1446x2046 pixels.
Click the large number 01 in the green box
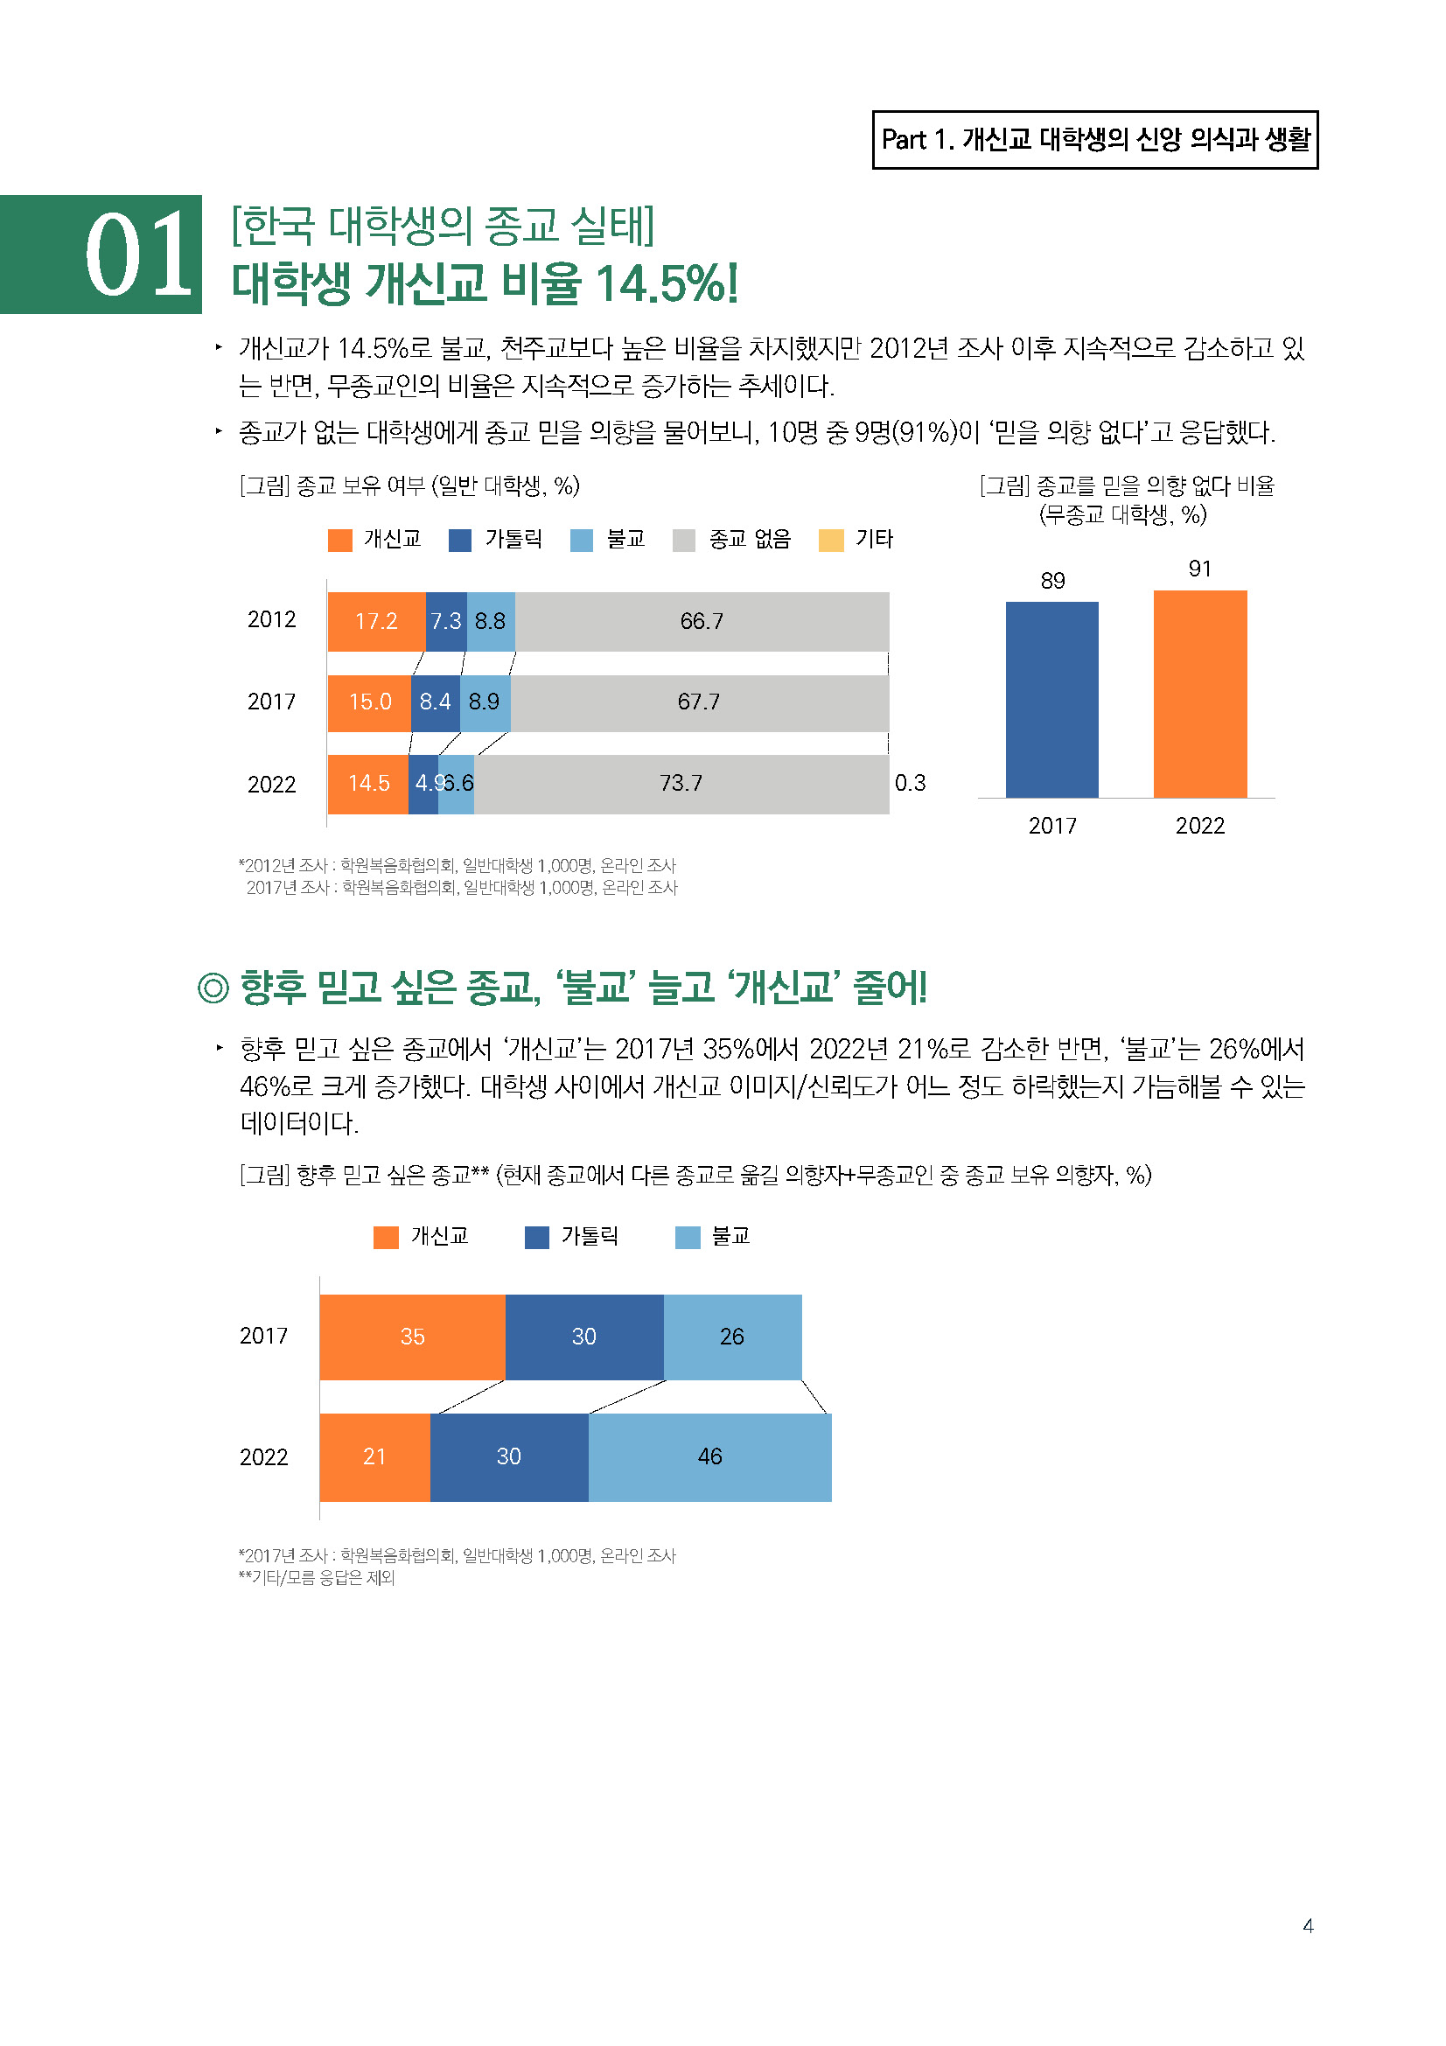pyautogui.click(x=138, y=255)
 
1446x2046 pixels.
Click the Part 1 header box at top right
pyautogui.click(x=1094, y=140)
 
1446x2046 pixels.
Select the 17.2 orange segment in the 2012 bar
pyautogui.click(x=376, y=621)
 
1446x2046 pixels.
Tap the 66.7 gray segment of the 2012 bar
pyautogui.click(x=702, y=621)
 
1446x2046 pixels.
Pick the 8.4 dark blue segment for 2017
pyautogui.click(x=435, y=702)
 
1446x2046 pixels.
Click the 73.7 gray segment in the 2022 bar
pyautogui.click(x=681, y=783)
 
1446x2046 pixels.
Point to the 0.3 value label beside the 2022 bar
pyautogui.click(x=910, y=783)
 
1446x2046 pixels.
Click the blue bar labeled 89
pyautogui.click(x=1051, y=700)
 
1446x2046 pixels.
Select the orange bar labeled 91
pyautogui.click(x=1199, y=694)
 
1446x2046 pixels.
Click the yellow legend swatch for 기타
pyautogui.click(x=830, y=540)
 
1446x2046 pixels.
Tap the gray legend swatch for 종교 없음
pyautogui.click(x=683, y=540)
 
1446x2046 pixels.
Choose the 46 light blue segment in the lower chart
pyautogui.click(x=709, y=1456)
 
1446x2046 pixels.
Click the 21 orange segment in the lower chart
pyautogui.click(x=374, y=1456)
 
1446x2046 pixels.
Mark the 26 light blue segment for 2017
pyautogui.click(x=731, y=1337)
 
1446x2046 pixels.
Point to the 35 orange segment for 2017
pyautogui.click(x=412, y=1337)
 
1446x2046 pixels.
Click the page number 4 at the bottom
pyautogui.click(x=1307, y=1925)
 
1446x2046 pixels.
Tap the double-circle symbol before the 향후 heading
pyautogui.click(x=213, y=988)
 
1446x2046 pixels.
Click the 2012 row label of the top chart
pyautogui.click(x=271, y=620)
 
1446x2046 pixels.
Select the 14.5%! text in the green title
pyautogui.click(x=667, y=284)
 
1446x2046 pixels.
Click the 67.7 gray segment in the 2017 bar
pyautogui.click(x=698, y=702)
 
